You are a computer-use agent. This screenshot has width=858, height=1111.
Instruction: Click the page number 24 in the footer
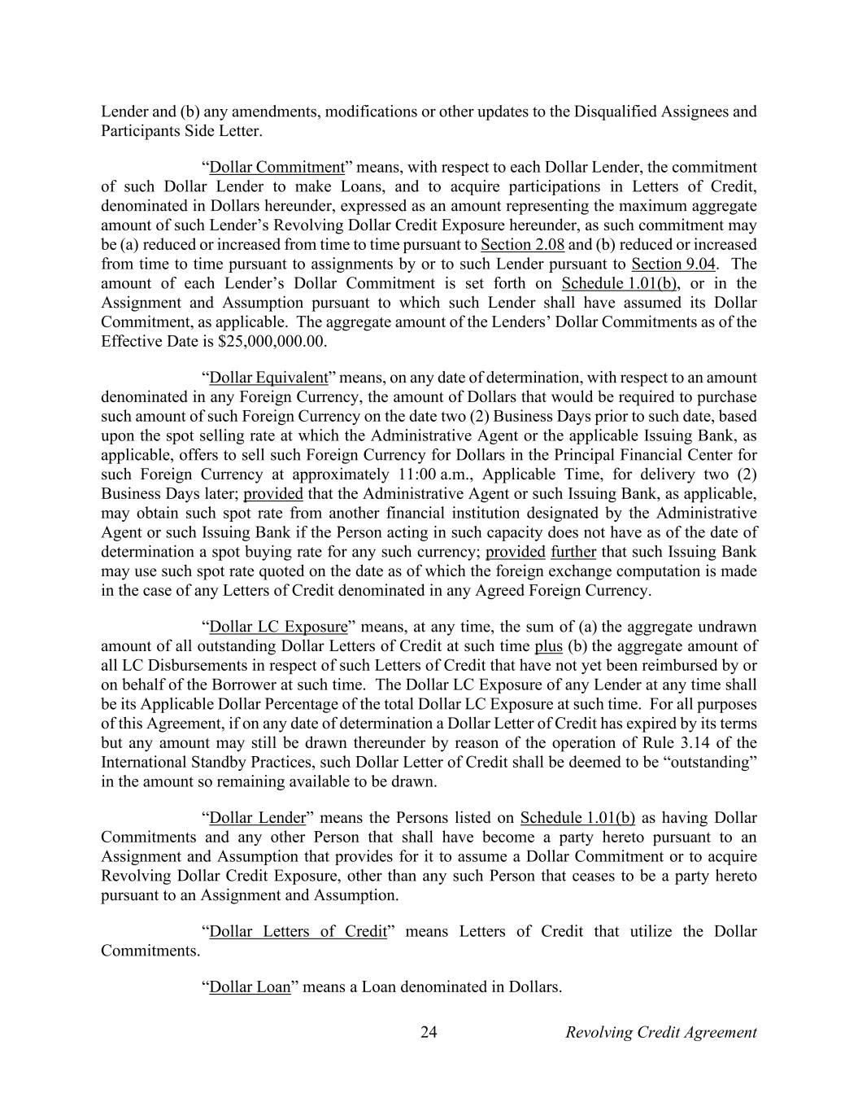pos(429,1033)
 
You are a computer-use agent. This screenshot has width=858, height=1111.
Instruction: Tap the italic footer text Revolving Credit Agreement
pos(660,1033)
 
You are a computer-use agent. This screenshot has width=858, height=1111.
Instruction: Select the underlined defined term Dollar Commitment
pos(277,168)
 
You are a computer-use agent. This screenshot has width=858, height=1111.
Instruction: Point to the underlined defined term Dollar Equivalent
pos(268,378)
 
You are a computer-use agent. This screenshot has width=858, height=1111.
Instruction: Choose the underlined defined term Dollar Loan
pos(250,987)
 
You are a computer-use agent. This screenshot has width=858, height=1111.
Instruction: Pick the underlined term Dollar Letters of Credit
pos(298,931)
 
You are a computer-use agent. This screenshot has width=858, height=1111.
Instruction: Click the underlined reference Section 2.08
pos(522,245)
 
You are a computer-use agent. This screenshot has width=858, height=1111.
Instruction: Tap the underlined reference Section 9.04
pos(673,264)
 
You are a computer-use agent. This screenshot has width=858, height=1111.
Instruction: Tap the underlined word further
pos(573,552)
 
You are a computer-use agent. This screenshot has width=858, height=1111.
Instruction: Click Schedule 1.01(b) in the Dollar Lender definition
pos(577,818)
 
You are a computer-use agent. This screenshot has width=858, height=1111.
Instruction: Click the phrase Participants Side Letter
pos(181,131)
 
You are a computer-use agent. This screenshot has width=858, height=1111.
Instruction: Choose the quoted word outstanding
pos(714,763)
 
